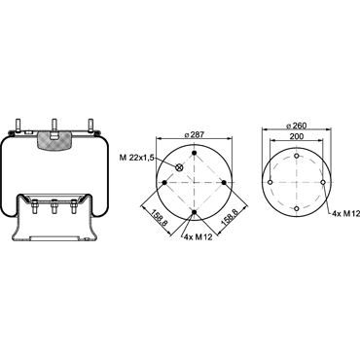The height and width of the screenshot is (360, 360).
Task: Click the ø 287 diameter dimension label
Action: click(195, 134)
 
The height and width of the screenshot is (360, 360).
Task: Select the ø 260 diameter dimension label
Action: click(297, 126)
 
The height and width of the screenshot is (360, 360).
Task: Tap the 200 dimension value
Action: click(297, 136)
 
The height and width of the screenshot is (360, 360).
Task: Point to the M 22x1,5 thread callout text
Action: click(136, 158)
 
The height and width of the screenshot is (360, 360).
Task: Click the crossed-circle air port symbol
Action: click(179, 167)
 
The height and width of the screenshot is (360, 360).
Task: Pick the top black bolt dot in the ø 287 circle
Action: click(195, 153)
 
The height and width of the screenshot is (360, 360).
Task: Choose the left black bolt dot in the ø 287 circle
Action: click(164, 183)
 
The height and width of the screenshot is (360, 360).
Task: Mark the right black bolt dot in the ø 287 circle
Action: click(224, 183)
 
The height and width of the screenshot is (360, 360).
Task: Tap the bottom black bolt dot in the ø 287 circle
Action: click(195, 212)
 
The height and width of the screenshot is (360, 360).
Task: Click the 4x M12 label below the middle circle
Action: click(198, 237)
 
